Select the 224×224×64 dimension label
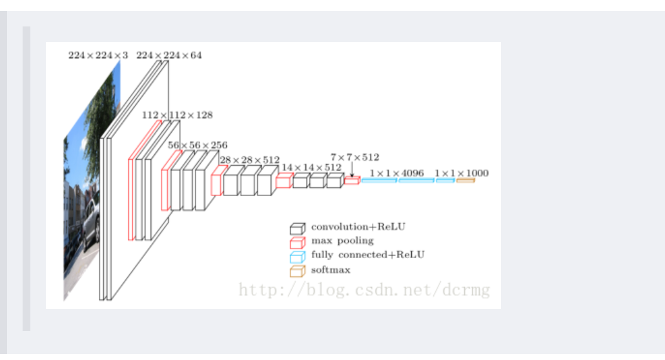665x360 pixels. click(x=169, y=55)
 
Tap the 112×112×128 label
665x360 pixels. click(x=177, y=115)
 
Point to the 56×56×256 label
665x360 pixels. click(x=198, y=145)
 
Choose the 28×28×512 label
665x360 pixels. click(x=250, y=160)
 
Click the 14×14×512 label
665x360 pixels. click(x=311, y=167)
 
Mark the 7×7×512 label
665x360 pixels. click(x=354, y=157)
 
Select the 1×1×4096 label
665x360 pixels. click(x=396, y=173)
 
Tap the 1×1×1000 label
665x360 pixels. click(x=462, y=173)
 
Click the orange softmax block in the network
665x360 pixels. click(x=466, y=181)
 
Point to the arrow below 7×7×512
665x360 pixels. click(x=352, y=170)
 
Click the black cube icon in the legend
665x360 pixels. click(x=297, y=228)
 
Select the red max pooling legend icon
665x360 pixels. click(x=297, y=243)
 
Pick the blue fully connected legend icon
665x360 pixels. click(x=297, y=257)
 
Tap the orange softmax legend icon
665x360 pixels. click(x=297, y=271)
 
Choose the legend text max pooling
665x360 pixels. click(x=342, y=241)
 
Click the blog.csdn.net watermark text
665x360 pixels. click(x=364, y=289)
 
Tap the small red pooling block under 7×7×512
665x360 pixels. click(x=351, y=181)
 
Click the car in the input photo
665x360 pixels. click(x=90, y=219)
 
